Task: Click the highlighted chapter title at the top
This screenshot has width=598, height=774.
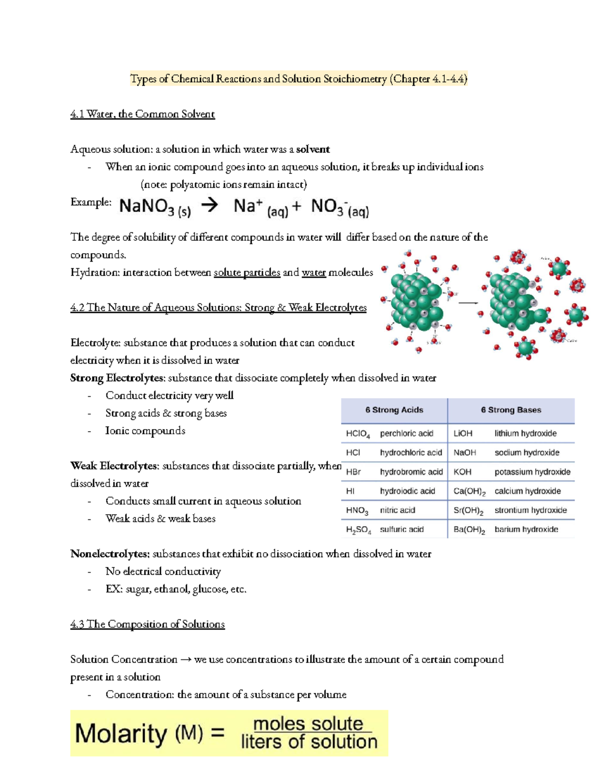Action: pyautogui.click(x=299, y=79)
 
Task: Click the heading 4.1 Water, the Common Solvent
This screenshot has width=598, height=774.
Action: pyautogui.click(x=143, y=114)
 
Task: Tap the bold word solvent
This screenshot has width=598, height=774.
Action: pyautogui.click(x=312, y=150)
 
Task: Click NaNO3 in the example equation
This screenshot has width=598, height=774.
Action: pyautogui.click(x=154, y=206)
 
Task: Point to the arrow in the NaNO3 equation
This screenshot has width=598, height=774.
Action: pyautogui.click(x=210, y=205)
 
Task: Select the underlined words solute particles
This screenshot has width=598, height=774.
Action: pyautogui.click(x=247, y=273)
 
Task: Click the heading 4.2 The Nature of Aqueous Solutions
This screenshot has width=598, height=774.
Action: pyautogui.click(x=218, y=308)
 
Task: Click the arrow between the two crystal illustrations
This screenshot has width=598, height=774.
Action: pyautogui.click(x=468, y=303)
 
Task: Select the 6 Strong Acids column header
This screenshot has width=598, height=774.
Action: pyautogui.click(x=394, y=410)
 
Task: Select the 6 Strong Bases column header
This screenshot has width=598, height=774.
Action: pyautogui.click(x=511, y=410)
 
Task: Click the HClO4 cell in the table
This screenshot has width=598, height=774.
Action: pyautogui.click(x=357, y=434)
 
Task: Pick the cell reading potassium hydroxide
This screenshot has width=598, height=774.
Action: pyautogui.click(x=532, y=472)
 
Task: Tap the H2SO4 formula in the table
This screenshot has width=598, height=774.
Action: pyautogui.click(x=358, y=530)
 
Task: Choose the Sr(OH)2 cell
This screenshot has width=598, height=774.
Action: pyautogui.click(x=468, y=511)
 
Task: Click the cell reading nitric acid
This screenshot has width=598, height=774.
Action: pyautogui.click(x=397, y=510)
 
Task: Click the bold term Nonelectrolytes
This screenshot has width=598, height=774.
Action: pyautogui.click(x=110, y=554)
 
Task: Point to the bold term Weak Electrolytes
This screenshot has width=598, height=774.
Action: pyautogui.click(x=115, y=466)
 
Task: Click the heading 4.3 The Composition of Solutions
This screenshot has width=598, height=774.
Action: pyautogui.click(x=148, y=624)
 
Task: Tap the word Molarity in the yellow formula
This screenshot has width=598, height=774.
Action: pyautogui.click(x=121, y=734)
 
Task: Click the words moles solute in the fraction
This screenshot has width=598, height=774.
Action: pyautogui.click(x=308, y=724)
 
